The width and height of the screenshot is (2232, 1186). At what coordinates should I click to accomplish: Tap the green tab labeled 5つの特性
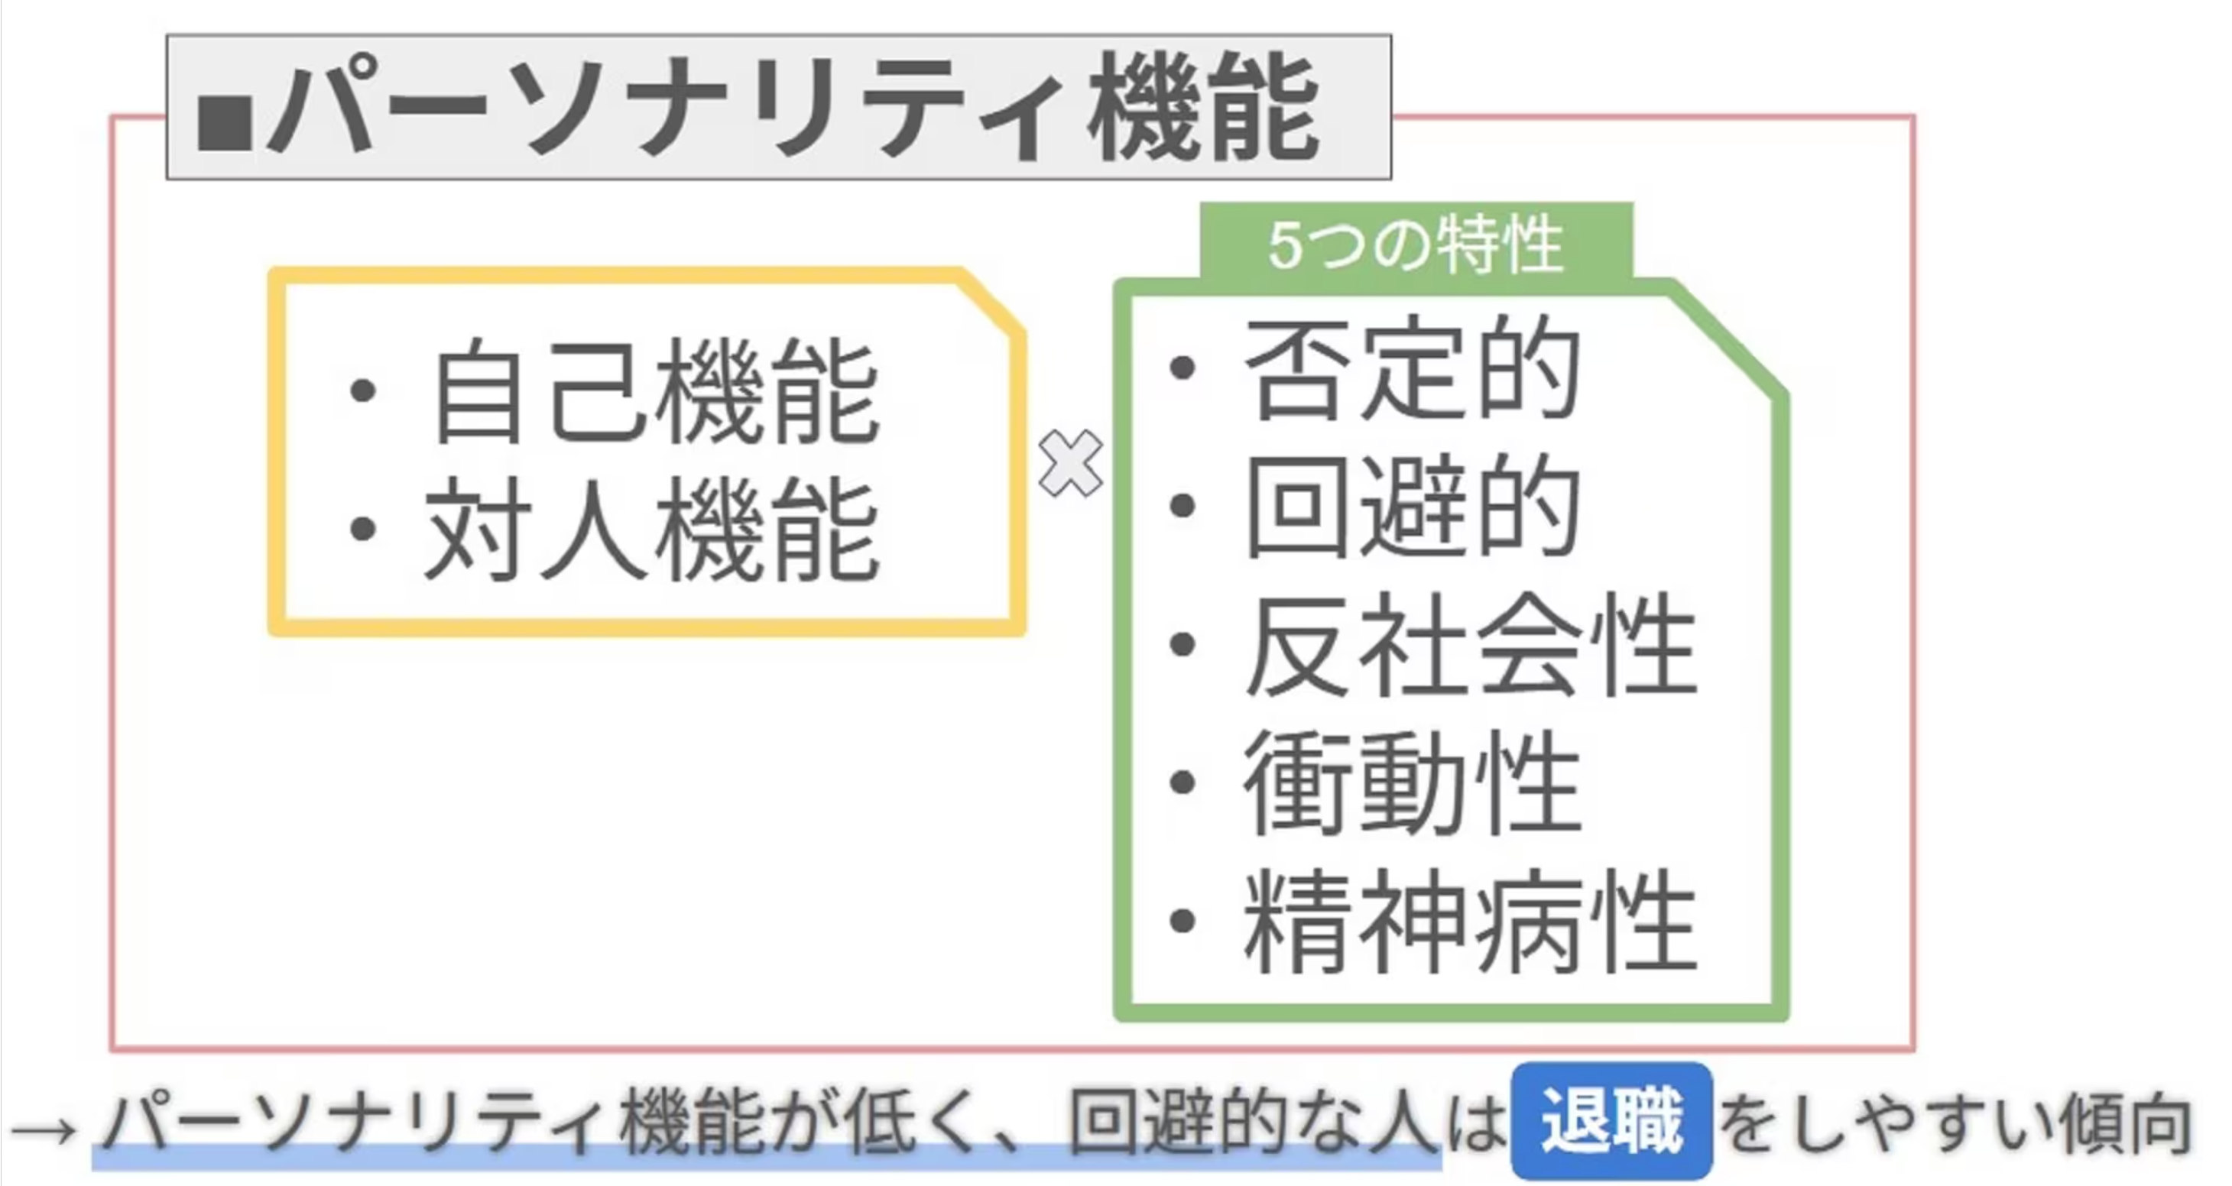tap(1416, 245)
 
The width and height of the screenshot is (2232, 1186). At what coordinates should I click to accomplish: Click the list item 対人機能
tap(651, 530)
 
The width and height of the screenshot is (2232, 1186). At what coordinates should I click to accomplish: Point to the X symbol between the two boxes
tap(1071, 465)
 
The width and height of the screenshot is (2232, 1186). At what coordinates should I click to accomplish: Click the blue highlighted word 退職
tap(1611, 1122)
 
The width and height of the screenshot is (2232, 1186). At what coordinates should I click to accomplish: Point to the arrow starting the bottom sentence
tap(44, 1128)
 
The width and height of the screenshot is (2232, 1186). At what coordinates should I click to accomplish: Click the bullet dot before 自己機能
tap(362, 390)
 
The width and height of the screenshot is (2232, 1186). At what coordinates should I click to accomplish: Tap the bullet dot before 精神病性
tap(1182, 920)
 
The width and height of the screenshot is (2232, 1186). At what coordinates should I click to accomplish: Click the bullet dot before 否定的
tap(1182, 368)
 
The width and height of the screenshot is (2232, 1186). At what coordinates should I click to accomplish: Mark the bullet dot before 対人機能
tap(362, 529)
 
